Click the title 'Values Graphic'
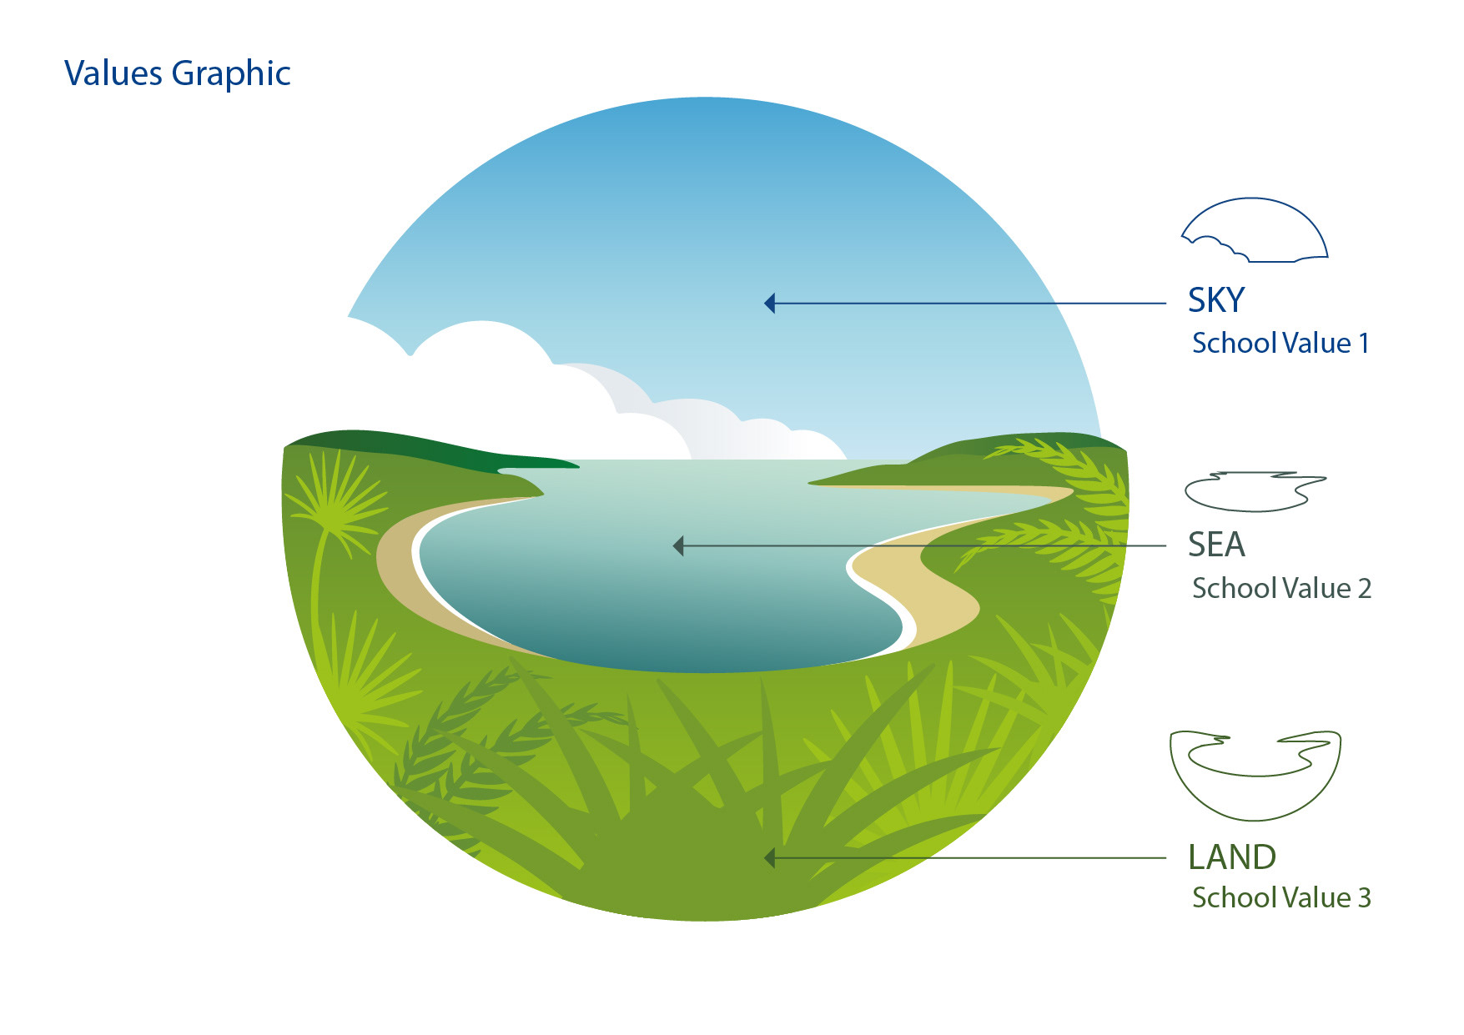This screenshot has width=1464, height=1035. [x=177, y=73]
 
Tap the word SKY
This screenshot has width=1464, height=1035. [x=1215, y=300]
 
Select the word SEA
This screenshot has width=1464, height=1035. [x=1215, y=545]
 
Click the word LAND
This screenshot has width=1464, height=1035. [x=1231, y=857]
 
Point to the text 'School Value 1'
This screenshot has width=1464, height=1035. [x=1280, y=343]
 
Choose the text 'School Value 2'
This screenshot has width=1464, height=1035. [x=1280, y=588]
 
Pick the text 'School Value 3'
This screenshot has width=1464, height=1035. [x=1280, y=897]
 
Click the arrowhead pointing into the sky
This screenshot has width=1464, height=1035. [x=770, y=303]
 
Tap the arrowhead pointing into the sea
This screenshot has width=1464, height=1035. [x=678, y=546]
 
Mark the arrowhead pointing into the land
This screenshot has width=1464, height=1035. [x=770, y=857]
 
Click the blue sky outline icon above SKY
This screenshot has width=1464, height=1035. [x=1255, y=231]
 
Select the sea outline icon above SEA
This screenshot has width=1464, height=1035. [x=1254, y=491]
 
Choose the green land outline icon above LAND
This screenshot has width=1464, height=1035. [x=1255, y=774]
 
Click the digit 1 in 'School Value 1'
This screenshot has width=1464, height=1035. [x=1363, y=343]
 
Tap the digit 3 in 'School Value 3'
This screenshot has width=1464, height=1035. [x=1364, y=897]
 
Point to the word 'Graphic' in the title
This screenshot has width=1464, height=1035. [x=231, y=73]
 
